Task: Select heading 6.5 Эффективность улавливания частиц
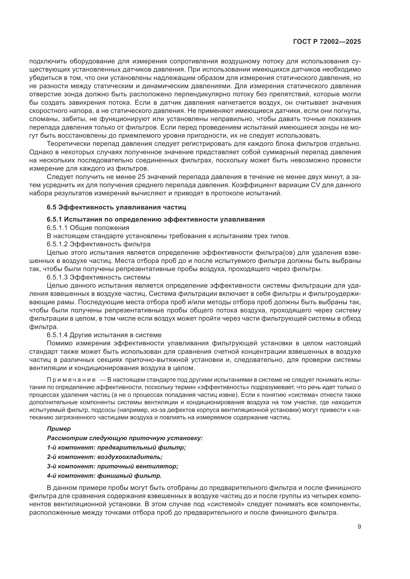click(117, 207)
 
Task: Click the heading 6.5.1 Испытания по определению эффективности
click(156, 219)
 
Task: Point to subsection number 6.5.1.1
click(57, 228)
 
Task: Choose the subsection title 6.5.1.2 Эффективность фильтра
click(98, 244)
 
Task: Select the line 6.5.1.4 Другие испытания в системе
click(104, 335)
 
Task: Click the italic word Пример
click(59, 428)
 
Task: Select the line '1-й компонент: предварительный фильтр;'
click(116, 448)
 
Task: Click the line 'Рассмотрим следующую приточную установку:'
click(125, 438)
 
